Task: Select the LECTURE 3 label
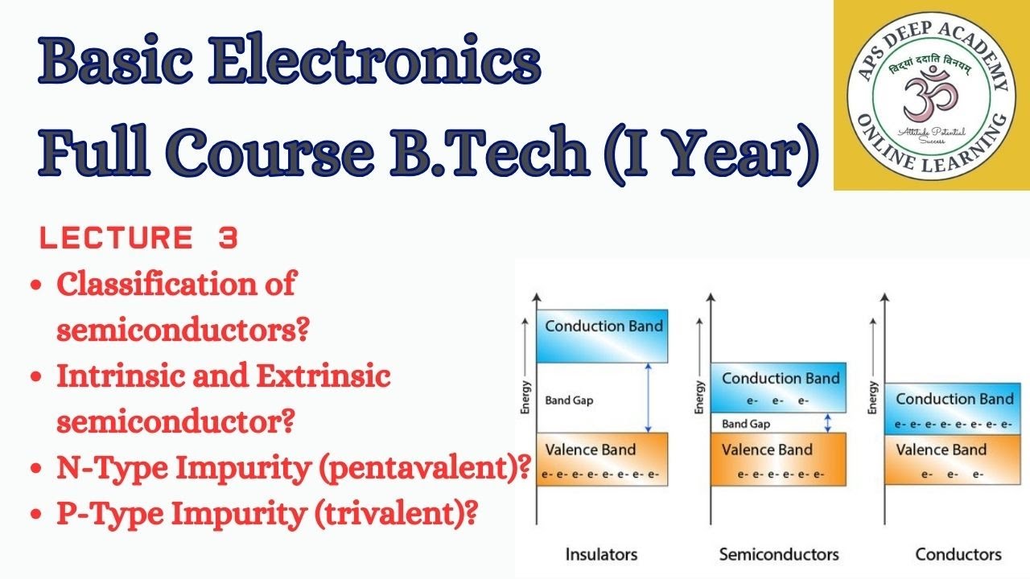click(x=138, y=239)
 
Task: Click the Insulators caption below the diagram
click(x=601, y=554)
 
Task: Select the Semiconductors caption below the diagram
click(x=778, y=554)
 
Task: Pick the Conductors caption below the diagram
click(x=958, y=554)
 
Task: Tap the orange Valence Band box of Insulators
click(x=603, y=459)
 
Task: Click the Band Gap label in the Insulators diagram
click(x=570, y=400)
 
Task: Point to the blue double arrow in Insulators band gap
click(x=647, y=397)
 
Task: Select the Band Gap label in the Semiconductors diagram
click(x=745, y=424)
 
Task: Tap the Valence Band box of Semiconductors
click(x=778, y=459)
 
